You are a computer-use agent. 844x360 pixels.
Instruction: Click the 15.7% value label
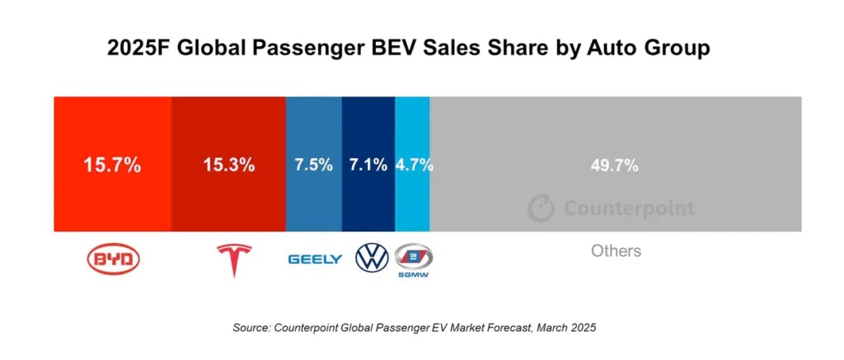point(112,165)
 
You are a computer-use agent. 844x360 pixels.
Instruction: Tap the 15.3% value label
point(228,165)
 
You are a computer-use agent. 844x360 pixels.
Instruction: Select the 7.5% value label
point(313,165)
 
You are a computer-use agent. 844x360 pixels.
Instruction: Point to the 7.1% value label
point(368,165)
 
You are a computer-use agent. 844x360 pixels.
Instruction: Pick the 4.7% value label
point(414,165)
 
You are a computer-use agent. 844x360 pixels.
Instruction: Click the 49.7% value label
point(615,165)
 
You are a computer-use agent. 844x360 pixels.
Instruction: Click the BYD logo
point(114,259)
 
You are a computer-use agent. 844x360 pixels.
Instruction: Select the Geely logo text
point(315,259)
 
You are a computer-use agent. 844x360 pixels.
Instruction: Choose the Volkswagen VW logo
point(371,258)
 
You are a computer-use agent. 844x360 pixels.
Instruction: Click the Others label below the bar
point(616,250)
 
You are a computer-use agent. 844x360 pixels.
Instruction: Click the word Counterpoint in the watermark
point(629,208)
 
